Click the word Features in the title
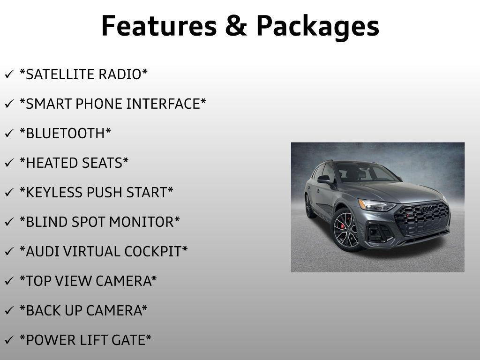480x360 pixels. [x=157, y=26]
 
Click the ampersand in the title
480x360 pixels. [x=235, y=26]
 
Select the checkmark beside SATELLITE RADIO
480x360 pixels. [x=9, y=75]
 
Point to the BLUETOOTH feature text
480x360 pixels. [x=65, y=134]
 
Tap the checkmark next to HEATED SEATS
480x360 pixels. [x=9, y=163]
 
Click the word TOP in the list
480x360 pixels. [x=37, y=281]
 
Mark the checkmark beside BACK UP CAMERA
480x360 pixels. [x=9, y=311]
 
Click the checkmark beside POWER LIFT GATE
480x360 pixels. [x=9, y=340]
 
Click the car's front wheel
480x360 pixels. [x=346, y=230]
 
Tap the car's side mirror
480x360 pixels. [x=324, y=179]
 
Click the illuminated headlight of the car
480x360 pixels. [x=377, y=205]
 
